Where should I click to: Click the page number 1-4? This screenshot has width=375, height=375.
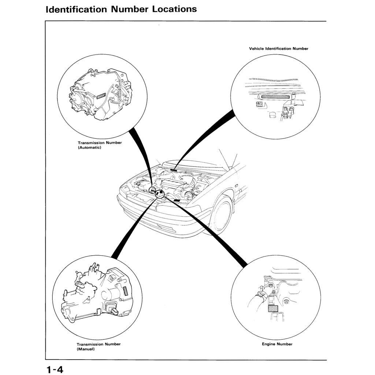(55, 368)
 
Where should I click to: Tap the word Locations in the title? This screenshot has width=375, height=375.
(174, 9)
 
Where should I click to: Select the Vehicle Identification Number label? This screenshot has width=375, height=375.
(279, 48)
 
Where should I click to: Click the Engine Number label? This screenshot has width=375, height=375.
(277, 344)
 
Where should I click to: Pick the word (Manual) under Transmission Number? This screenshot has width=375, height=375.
(86, 349)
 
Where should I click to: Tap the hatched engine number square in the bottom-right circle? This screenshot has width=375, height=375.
(273, 309)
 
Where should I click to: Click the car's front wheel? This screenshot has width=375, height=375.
(221, 214)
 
